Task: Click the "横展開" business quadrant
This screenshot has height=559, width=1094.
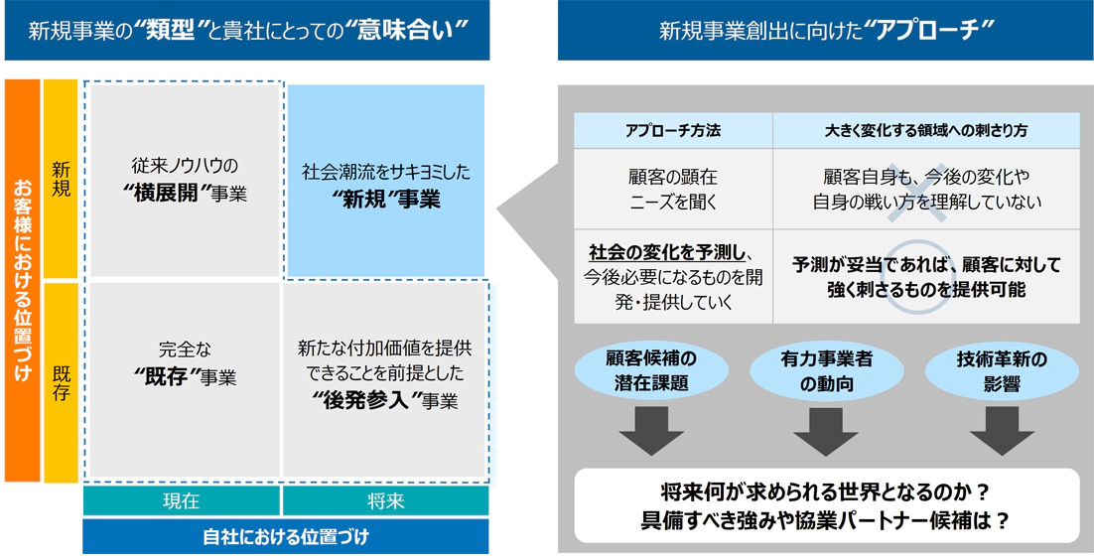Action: [188, 180]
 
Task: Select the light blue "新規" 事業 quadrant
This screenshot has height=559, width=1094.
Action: [386, 180]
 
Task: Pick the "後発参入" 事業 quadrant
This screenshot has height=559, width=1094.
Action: [384, 380]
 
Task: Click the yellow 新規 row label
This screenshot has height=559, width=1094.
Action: [61, 180]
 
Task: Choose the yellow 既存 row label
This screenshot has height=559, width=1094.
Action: [61, 380]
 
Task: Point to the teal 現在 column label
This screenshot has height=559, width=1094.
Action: [181, 501]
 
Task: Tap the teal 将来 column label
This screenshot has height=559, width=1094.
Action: [385, 501]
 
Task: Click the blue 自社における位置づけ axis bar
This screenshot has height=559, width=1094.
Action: [285, 537]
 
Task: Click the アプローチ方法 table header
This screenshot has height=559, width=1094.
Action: [673, 130]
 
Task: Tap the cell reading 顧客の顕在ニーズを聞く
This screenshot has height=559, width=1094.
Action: [673, 189]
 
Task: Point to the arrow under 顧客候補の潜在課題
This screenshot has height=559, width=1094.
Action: [651, 429]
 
